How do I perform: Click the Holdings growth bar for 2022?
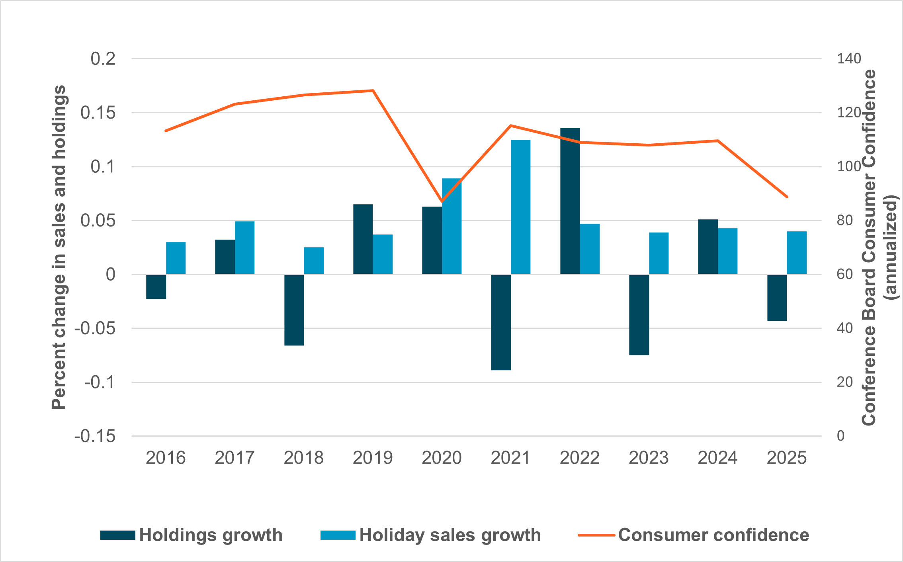tap(570, 201)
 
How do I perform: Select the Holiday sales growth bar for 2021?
tap(520, 207)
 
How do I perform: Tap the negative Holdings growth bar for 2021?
tap(501, 322)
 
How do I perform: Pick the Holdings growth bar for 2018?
tap(294, 310)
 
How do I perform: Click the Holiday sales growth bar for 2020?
tap(451, 226)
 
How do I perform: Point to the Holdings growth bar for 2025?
tap(777, 298)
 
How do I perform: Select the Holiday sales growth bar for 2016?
tap(176, 258)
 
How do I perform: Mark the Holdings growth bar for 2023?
tap(639, 314)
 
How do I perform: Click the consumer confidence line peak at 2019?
tap(373, 91)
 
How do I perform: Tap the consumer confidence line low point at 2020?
tap(442, 201)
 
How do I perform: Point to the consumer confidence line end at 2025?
tap(787, 197)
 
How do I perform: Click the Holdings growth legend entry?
tap(191, 535)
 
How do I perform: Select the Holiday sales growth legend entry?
tap(431, 535)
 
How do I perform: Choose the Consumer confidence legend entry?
tap(694, 535)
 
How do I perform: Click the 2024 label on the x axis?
tap(717, 458)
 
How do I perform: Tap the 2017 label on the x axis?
tap(235, 458)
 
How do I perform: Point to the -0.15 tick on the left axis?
tap(95, 436)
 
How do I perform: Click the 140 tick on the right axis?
tap(849, 59)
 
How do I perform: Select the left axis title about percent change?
tap(59, 247)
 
